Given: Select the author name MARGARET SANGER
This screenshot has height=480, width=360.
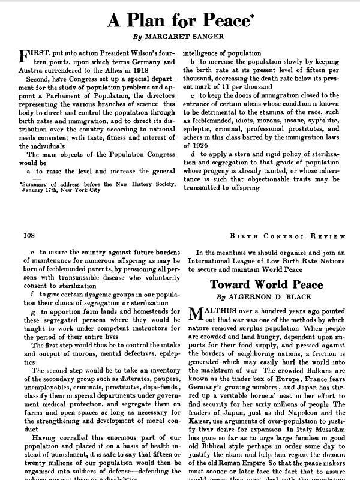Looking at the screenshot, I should coord(190,37).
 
